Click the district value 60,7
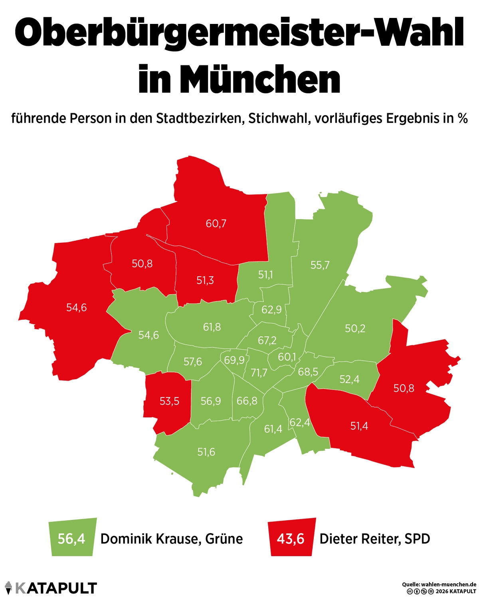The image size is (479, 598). tap(216, 224)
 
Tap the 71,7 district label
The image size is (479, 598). tap(259, 373)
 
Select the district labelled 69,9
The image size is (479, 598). tap(234, 360)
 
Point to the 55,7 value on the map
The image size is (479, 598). tap(320, 265)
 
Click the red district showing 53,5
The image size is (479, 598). tap(169, 401)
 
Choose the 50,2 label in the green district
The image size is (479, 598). tap(355, 329)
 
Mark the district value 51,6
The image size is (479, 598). tap(206, 452)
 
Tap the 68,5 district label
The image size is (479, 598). tap(308, 372)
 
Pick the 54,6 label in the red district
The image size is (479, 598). tap(76, 308)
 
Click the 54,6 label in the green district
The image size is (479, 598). tap(148, 335)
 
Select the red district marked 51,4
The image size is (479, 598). tap(359, 426)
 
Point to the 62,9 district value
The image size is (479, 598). tap(271, 309)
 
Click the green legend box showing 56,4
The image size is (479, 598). tap(72, 539)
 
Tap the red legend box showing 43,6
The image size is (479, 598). tap(291, 539)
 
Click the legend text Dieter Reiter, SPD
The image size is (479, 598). tap(375, 539)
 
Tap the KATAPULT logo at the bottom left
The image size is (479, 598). tap(50, 588)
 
